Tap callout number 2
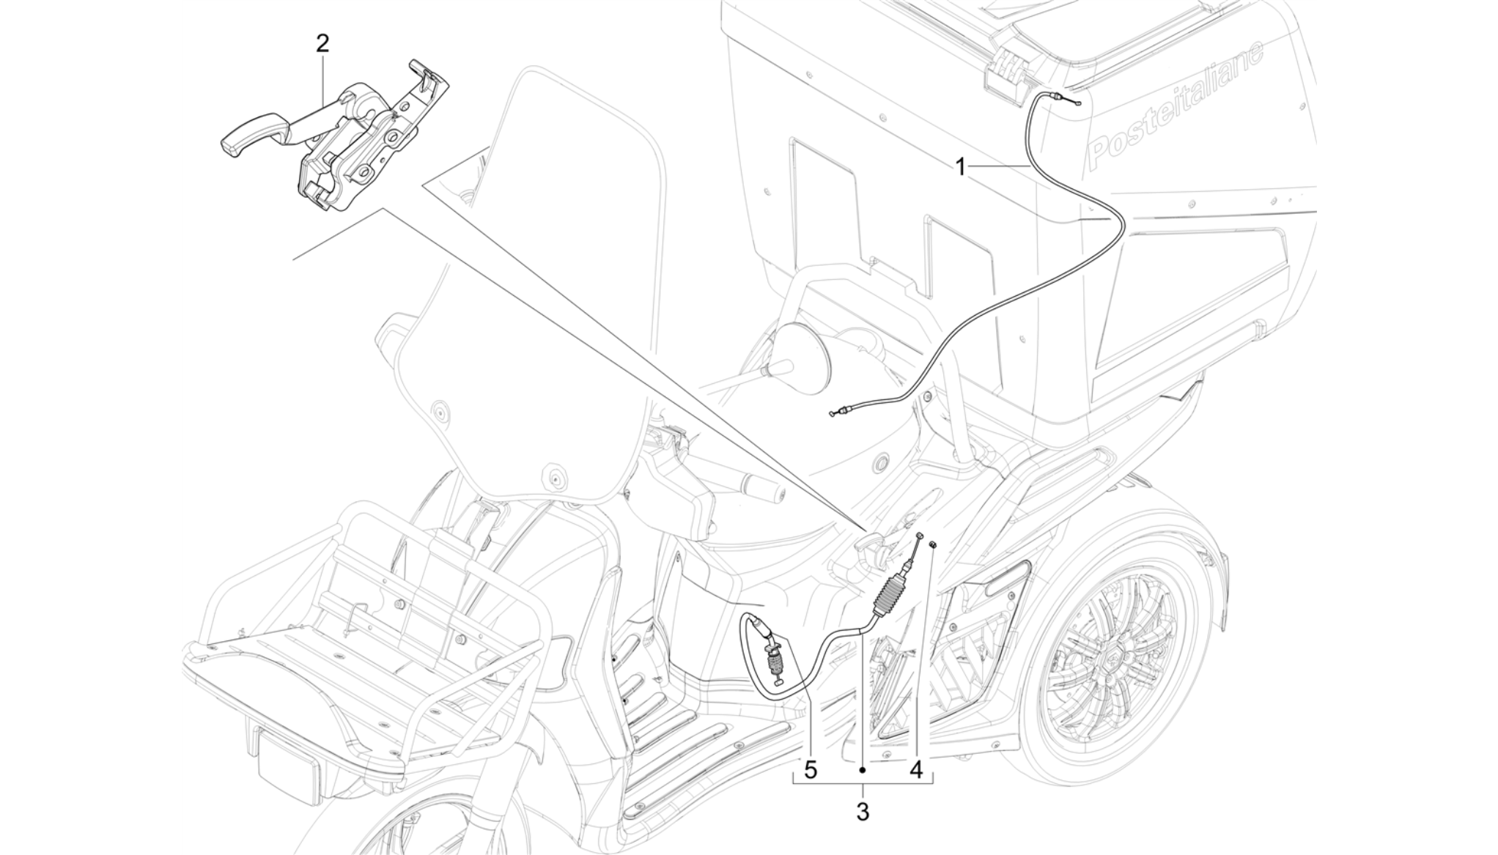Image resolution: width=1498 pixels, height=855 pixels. (322, 43)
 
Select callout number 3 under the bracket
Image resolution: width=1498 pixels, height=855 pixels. (863, 812)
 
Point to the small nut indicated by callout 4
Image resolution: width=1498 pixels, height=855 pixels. (933, 544)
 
